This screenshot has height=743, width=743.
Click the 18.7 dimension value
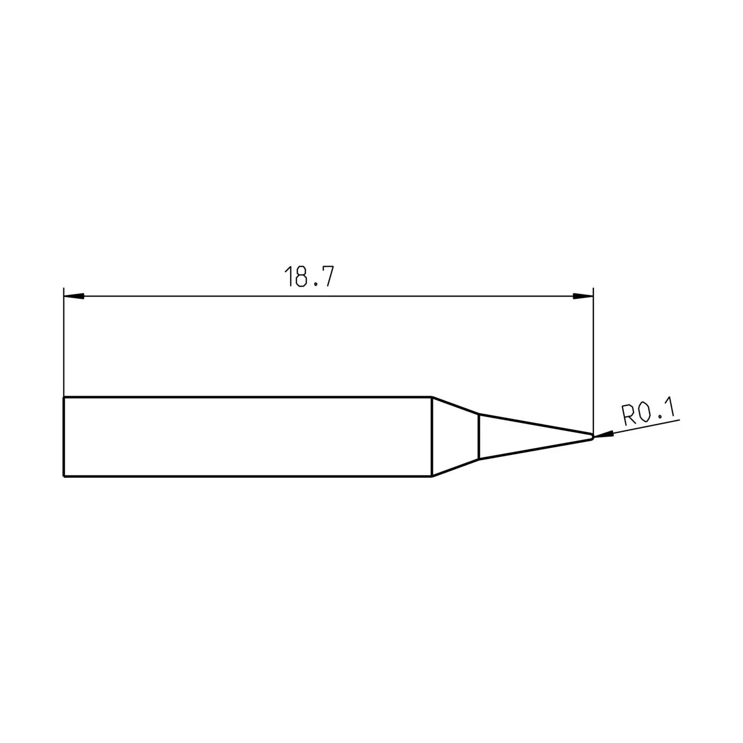309,277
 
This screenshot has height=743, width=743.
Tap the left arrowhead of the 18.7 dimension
73,296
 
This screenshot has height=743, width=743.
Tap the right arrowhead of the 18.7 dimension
583,296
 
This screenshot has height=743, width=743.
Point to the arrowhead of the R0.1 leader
604,435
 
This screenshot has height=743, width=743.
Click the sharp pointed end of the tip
592,437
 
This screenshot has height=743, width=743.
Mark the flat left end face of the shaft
63,437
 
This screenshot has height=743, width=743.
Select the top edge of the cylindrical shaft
248,397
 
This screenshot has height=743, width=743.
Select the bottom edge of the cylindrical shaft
248,476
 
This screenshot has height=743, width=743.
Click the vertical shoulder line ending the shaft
431,437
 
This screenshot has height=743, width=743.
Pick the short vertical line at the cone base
479,437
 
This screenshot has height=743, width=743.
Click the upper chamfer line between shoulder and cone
455,405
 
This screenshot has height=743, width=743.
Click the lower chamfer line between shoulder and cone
455,467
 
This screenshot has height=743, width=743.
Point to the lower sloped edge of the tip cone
537,448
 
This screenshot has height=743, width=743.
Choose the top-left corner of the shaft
63,397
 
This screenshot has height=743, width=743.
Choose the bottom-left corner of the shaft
63,476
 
